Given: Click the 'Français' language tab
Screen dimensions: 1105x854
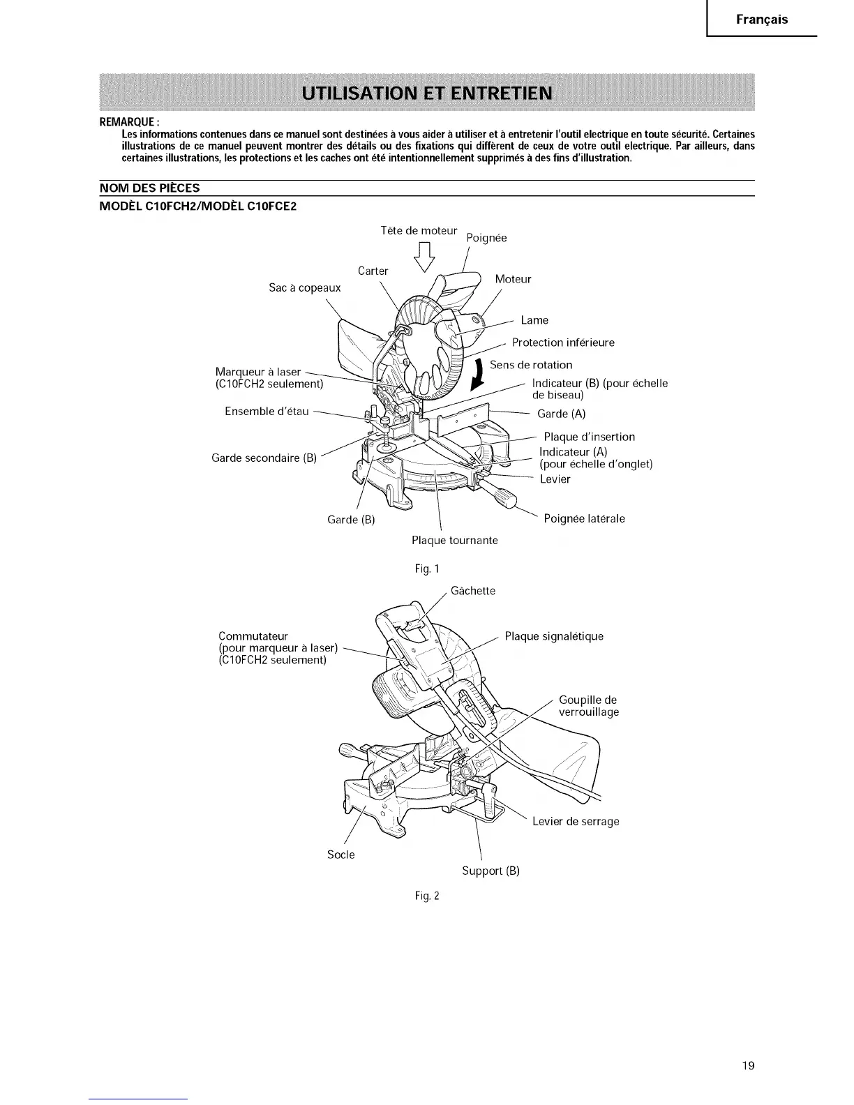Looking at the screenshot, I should [762, 20].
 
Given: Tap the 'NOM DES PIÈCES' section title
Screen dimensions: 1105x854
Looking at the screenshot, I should [150, 188].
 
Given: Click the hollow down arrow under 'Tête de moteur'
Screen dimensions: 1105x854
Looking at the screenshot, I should [425, 258].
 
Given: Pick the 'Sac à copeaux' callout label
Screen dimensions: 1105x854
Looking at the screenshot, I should [305, 287].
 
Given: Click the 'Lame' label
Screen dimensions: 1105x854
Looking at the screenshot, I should [534, 320].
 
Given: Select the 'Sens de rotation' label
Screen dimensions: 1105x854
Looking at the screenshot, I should [531, 365].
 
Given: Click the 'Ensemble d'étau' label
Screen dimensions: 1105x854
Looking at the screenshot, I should [267, 412].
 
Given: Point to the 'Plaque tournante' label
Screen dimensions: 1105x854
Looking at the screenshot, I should [455, 541].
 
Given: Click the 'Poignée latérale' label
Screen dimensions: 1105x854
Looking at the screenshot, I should [584, 518].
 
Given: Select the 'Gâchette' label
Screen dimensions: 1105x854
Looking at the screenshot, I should [473, 591].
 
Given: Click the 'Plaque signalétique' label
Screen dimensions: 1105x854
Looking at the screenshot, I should [554, 636].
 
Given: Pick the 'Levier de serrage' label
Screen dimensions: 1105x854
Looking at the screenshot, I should [576, 822].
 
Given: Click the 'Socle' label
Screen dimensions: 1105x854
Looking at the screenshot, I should [341, 855].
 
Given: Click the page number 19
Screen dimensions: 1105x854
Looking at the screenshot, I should [748, 1066].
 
